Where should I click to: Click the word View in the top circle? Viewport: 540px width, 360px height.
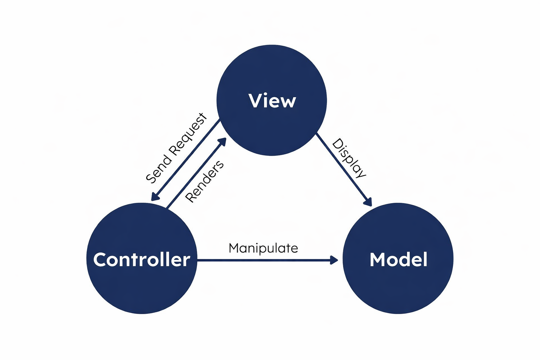[272, 101]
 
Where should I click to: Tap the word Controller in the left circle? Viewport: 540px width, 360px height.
[142, 260]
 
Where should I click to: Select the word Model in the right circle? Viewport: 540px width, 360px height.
[398, 260]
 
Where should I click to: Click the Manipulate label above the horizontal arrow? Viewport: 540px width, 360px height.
[263, 248]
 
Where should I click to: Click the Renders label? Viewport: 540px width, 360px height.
[204, 181]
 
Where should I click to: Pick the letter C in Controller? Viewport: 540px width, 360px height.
[100, 260]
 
